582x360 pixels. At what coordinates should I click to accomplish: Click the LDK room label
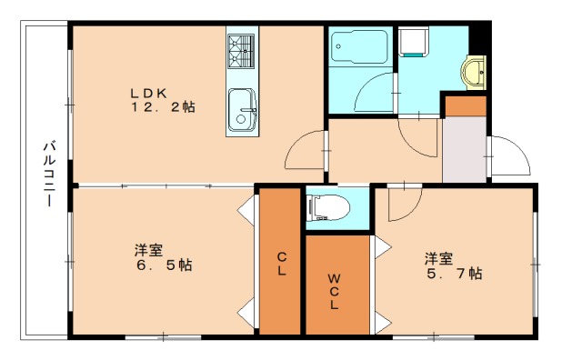click(148, 91)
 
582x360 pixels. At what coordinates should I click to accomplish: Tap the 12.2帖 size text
click(162, 106)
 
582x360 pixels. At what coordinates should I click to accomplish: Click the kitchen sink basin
click(241, 108)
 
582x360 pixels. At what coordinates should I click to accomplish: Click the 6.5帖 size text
click(163, 265)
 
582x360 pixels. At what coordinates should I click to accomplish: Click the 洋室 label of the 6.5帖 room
click(149, 250)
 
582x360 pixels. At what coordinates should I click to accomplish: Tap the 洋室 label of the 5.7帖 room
click(438, 258)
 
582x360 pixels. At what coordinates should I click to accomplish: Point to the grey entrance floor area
click(464, 149)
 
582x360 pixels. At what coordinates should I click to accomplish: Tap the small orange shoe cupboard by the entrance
click(465, 105)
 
